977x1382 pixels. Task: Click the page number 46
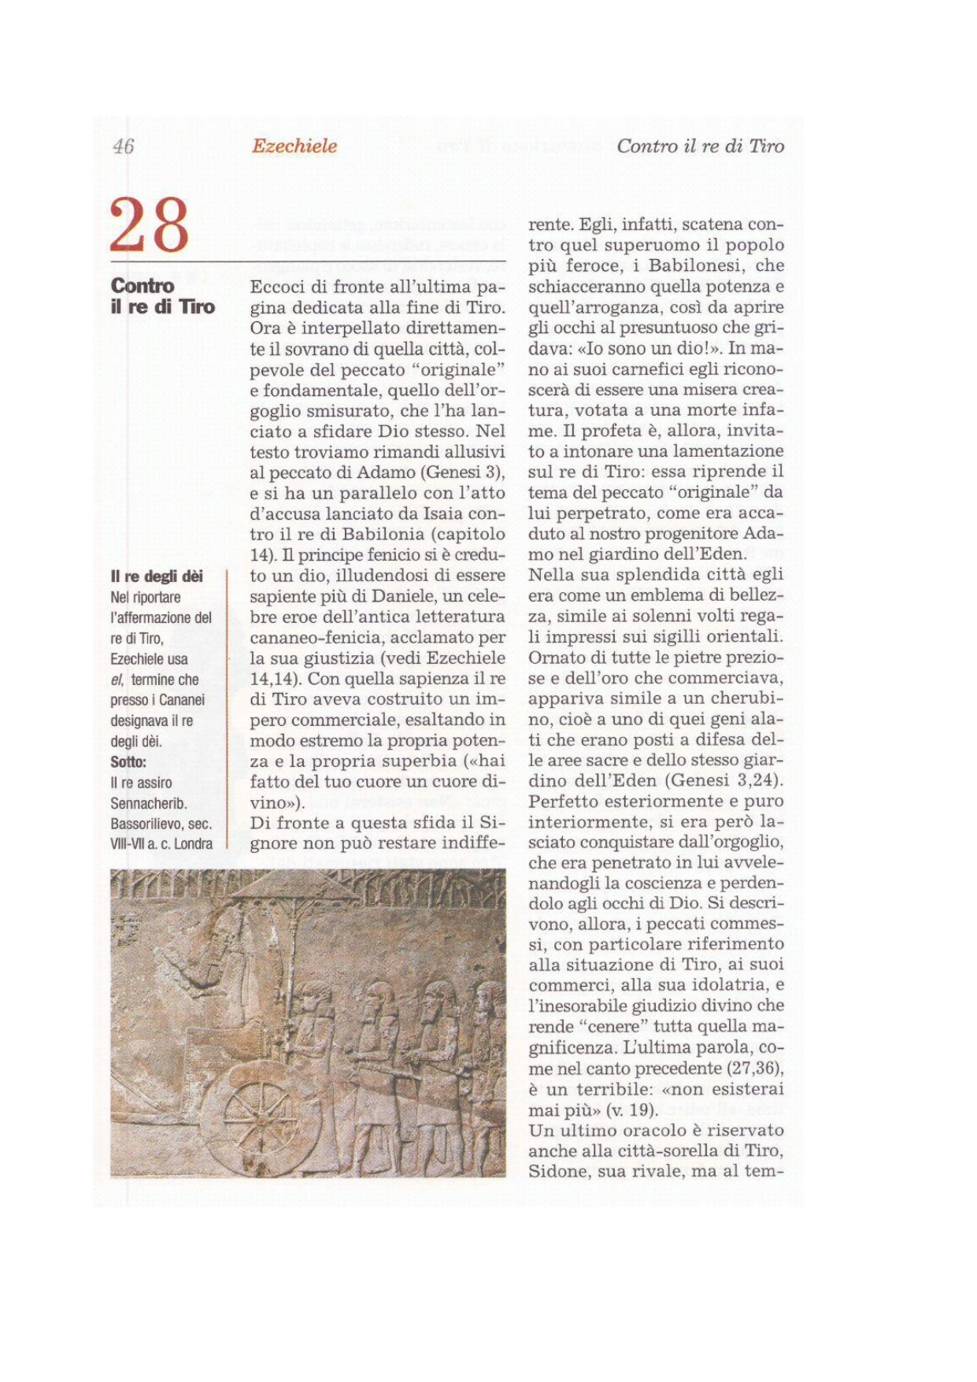point(124,146)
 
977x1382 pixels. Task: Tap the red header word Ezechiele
point(294,146)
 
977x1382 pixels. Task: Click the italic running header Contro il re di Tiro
point(700,146)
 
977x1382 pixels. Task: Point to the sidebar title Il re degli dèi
point(157,576)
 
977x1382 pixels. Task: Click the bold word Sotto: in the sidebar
point(128,761)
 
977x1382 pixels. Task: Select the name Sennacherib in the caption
point(148,803)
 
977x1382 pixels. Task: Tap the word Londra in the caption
point(194,844)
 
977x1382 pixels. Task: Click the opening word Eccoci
point(278,287)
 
